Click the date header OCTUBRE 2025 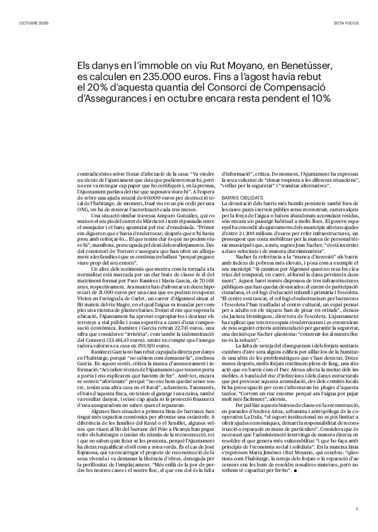[x=34, y=23]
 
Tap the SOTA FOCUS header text [x=346, y=23]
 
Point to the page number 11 [x=357, y=508]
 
